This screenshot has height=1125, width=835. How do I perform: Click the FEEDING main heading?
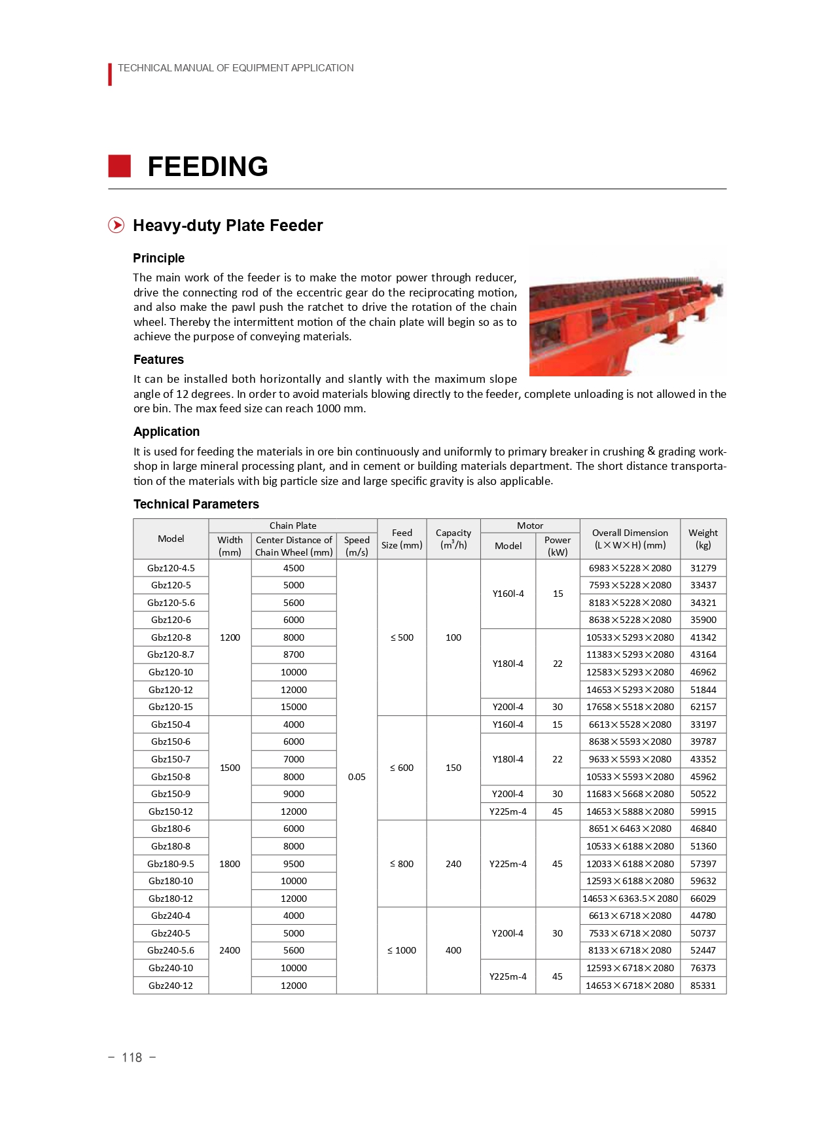(207, 166)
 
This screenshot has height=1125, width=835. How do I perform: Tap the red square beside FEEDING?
(119, 166)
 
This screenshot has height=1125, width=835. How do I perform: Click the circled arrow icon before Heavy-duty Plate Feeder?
(116, 225)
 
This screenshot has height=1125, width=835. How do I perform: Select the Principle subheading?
(158, 258)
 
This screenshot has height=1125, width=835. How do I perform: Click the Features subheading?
(158, 359)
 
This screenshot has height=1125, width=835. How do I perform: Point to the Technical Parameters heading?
(196, 504)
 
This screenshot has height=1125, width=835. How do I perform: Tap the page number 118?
(132, 1058)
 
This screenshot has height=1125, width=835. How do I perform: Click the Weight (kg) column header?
(703, 539)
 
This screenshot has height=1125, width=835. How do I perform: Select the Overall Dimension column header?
(630, 539)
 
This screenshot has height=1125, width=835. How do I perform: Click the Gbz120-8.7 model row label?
(171, 654)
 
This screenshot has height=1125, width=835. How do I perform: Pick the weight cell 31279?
(703, 568)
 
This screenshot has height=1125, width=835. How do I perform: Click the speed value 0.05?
(357, 777)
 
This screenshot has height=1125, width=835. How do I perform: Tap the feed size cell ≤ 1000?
(402, 950)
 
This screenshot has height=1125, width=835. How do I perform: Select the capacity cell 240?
(453, 864)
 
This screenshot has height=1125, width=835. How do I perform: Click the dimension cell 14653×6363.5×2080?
(630, 899)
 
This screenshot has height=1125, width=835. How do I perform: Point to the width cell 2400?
(230, 950)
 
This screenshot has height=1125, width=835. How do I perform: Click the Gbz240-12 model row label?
(171, 986)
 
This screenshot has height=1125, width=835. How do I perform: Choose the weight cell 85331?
(703, 986)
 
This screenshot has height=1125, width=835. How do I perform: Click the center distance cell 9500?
(294, 864)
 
